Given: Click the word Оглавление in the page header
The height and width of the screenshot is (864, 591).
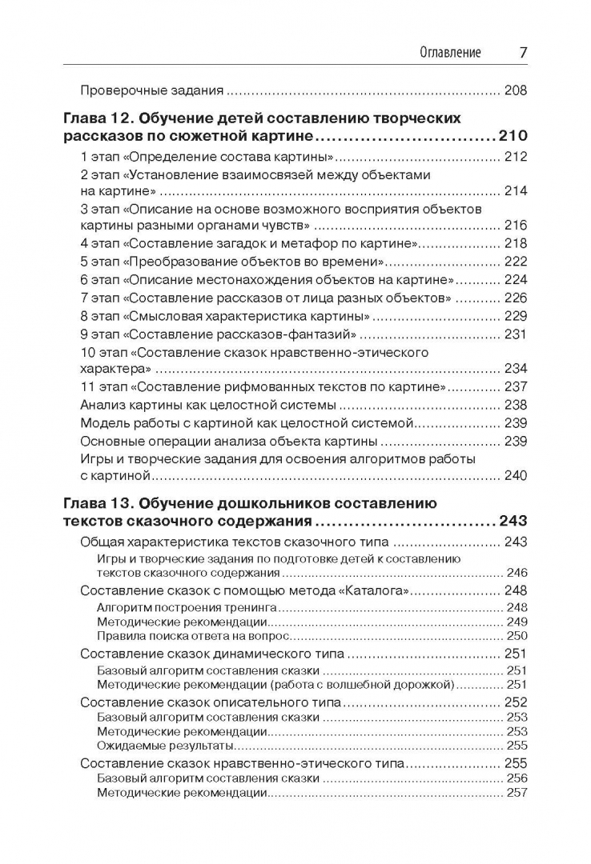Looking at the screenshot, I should [x=450, y=53].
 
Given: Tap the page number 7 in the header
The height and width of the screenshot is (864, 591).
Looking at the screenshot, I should [x=522, y=53].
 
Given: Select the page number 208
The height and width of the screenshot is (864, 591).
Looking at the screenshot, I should [x=516, y=90].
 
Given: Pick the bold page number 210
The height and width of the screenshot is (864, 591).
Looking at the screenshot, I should [x=513, y=135].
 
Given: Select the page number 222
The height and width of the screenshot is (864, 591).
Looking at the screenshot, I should [x=516, y=262].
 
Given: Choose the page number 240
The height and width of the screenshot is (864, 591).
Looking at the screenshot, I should [x=516, y=476].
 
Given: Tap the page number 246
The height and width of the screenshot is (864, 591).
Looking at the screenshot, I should [x=517, y=573].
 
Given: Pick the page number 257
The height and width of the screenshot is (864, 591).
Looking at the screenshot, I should [x=517, y=793].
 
